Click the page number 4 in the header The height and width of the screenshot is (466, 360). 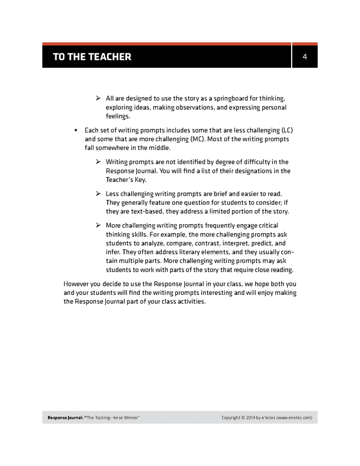pyautogui.click(x=305, y=56)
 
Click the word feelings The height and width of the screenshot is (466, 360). pyautogui.click(x=118, y=116)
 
